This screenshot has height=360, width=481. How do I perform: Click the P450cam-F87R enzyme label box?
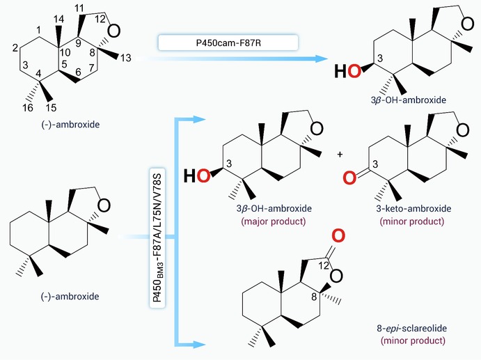point(228,42)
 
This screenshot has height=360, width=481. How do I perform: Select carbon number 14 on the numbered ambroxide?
point(58,19)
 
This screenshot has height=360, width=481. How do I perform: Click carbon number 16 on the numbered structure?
point(28,108)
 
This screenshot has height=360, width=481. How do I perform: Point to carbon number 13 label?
point(125,58)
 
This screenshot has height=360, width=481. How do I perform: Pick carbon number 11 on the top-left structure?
point(80,8)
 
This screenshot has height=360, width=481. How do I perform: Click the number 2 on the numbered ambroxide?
point(15,47)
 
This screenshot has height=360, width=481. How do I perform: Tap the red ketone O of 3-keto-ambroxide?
point(349,178)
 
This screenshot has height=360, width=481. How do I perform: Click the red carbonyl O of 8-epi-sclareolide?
point(338,235)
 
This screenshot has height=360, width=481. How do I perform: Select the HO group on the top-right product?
point(347,71)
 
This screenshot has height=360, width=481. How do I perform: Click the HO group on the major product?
point(197,176)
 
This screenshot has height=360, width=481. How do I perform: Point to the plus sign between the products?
point(340,155)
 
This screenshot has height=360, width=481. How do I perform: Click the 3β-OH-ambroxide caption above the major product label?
point(274,208)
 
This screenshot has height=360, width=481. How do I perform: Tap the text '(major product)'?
point(274,221)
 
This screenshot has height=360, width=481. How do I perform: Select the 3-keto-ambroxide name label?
point(413,208)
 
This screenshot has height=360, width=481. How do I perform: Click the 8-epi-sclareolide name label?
point(411,328)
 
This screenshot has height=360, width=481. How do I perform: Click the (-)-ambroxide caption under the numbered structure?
point(70,125)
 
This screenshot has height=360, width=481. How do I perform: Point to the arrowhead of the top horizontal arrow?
point(322,58)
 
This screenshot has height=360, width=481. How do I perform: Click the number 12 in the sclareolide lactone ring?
point(324,265)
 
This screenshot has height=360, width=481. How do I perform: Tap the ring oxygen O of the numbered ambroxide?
point(114,31)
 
